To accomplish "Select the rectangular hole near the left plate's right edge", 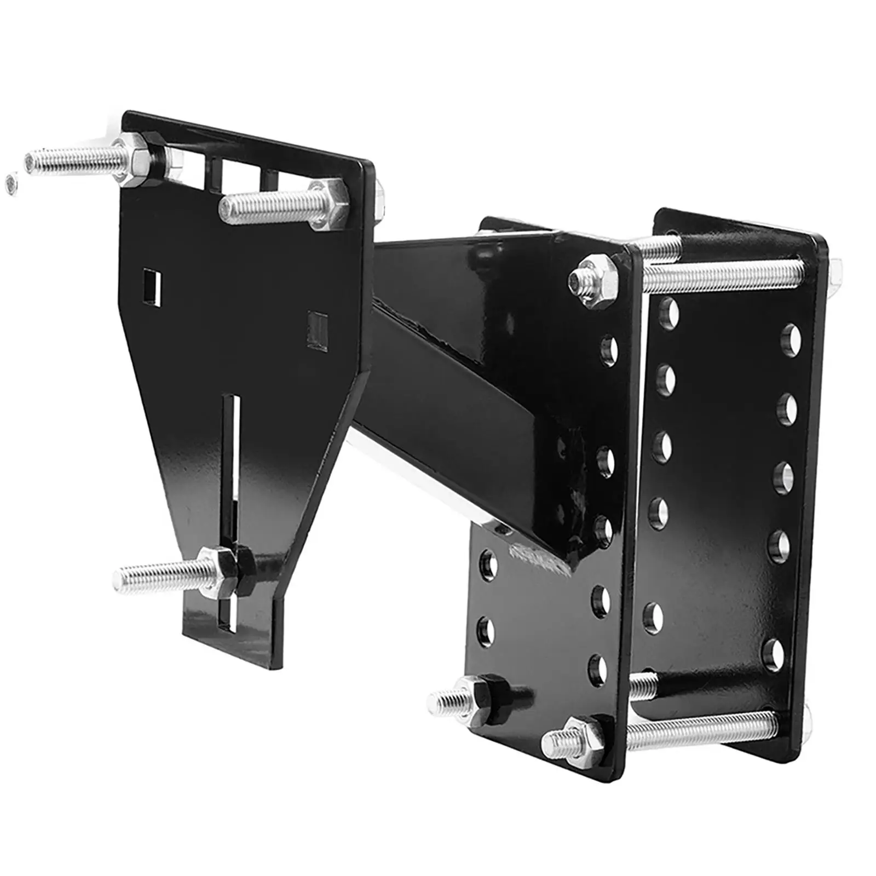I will pyautogui.click(x=317, y=330).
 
